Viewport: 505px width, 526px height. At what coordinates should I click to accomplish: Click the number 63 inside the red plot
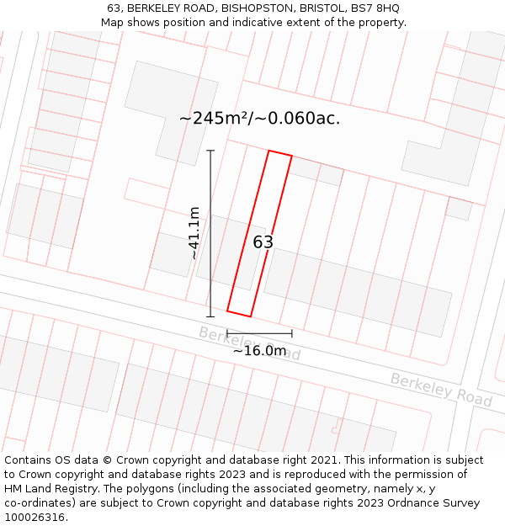point(263,242)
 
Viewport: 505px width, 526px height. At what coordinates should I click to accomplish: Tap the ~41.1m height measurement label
point(194,233)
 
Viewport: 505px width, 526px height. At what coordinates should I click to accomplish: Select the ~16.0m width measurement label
point(260,351)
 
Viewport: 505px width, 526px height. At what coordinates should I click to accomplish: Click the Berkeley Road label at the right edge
point(441,390)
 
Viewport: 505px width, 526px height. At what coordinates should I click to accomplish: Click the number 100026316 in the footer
point(35,518)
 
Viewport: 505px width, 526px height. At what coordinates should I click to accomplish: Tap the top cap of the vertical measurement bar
point(210,151)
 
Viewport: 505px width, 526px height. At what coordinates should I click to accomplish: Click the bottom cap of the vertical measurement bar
point(210,316)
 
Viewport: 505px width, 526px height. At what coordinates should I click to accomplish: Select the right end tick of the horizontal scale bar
point(292,334)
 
